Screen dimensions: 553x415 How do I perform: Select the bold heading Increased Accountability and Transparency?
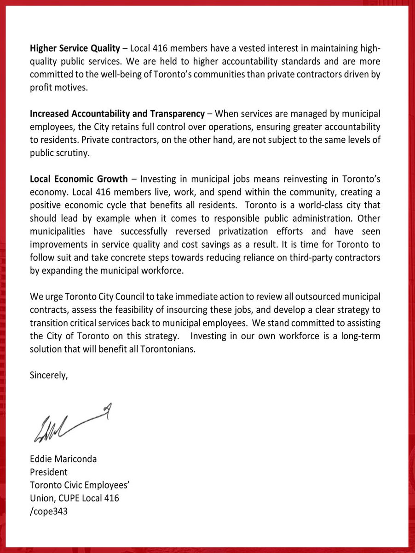[x=117, y=113]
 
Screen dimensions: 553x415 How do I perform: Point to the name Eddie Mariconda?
[x=63, y=459]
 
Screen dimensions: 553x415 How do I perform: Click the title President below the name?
[x=48, y=472]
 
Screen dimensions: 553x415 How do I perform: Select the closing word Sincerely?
[x=48, y=375]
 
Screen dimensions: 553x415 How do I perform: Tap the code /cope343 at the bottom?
[x=48, y=511]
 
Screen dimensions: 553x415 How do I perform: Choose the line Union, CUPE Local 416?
[x=74, y=498]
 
